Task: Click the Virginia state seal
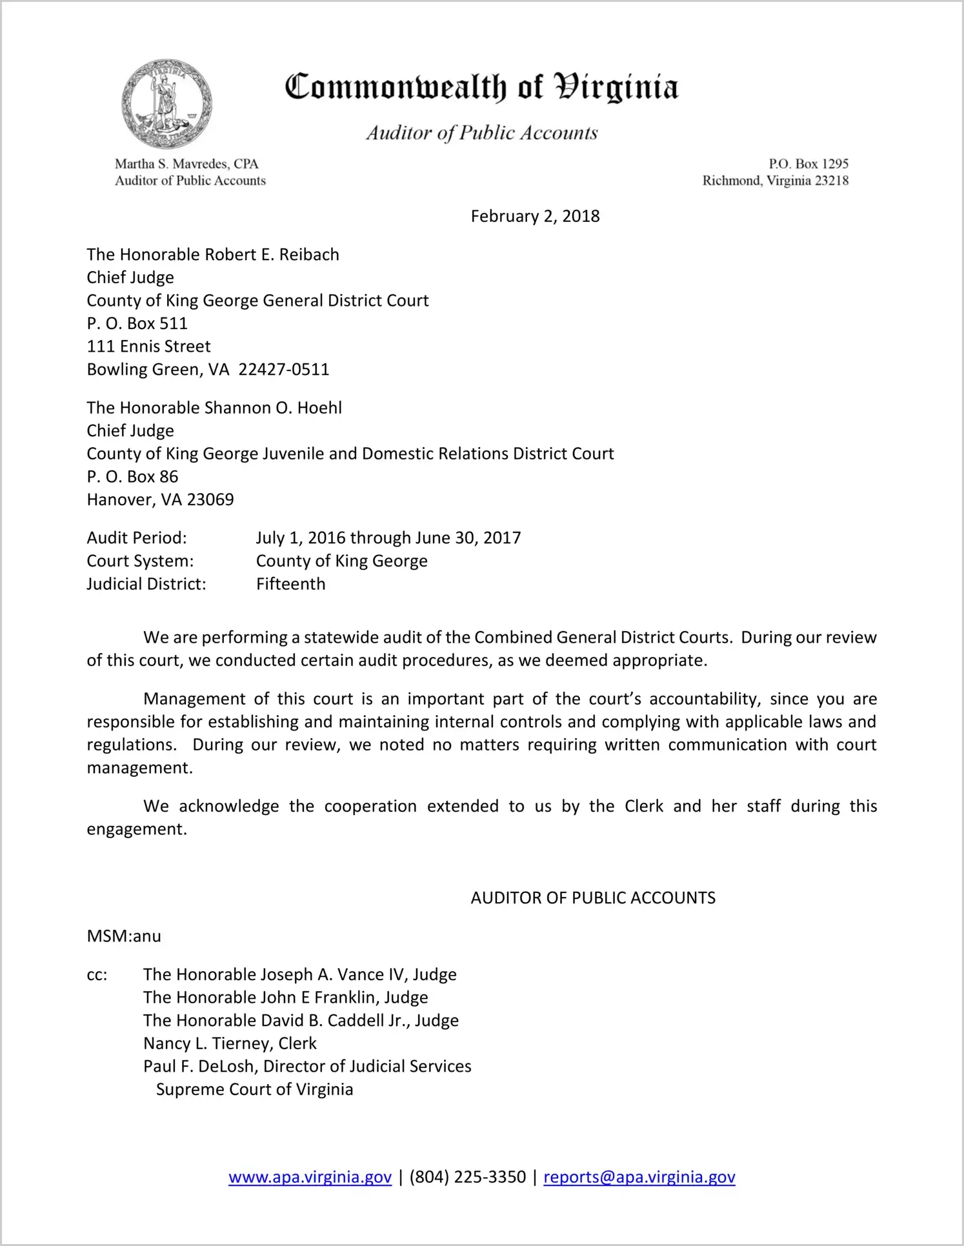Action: [166, 104]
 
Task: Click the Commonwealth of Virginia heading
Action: [481, 88]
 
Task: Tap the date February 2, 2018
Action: [535, 216]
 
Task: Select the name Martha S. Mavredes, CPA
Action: [186, 164]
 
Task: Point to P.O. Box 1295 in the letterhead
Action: [808, 164]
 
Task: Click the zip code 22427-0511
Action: [284, 370]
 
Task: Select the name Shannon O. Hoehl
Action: [273, 408]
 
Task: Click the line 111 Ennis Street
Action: [149, 347]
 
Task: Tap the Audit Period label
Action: [137, 538]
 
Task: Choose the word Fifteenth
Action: [291, 584]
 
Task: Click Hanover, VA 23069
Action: [161, 500]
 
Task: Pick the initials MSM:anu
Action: [124, 936]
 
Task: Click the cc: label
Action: [97, 975]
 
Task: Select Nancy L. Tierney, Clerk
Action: [230, 1043]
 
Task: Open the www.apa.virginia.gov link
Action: [310, 1177]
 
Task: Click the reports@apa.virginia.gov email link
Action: [639, 1177]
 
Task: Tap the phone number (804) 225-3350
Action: [467, 1177]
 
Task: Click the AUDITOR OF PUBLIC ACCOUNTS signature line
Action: [593, 898]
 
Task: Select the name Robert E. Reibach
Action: [272, 255]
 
